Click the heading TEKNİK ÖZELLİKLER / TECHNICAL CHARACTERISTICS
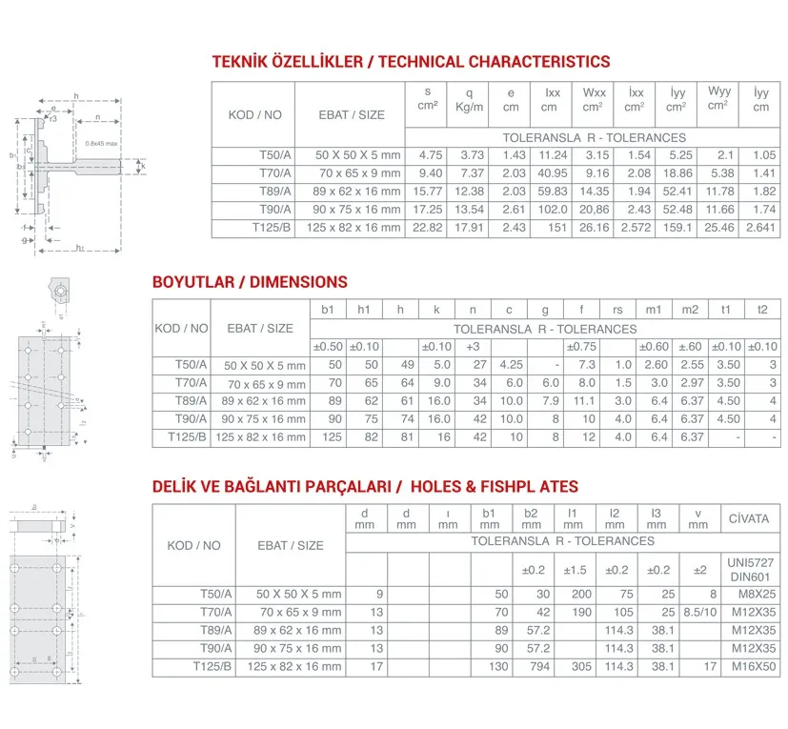pos(411,62)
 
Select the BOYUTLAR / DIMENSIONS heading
pos(250,282)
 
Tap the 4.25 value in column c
pos(511,365)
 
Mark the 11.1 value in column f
pos(586,401)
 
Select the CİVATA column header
pos(750,518)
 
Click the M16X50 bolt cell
pos(750,666)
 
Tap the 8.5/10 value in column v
pos(698,612)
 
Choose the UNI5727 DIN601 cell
pos(750,570)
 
